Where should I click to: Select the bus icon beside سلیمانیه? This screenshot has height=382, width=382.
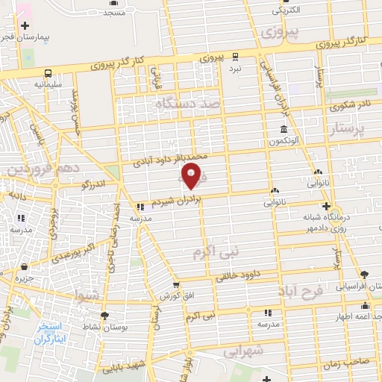pyautogui.click(x=48, y=74)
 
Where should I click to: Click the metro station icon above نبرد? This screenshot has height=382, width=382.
pyautogui.click(x=236, y=56)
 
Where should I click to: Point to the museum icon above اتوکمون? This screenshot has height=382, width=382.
pyautogui.click(x=287, y=128)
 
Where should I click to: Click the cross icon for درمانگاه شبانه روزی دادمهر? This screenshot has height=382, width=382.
pyautogui.click(x=325, y=207)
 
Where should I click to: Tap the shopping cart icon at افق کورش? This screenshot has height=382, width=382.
pyautogui.click(x=175, y=284)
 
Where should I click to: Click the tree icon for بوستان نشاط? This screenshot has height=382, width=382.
pyautogui.click(x=104, y=316)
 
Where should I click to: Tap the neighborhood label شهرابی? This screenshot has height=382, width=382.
pyautogui.click(x=243, y=351)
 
